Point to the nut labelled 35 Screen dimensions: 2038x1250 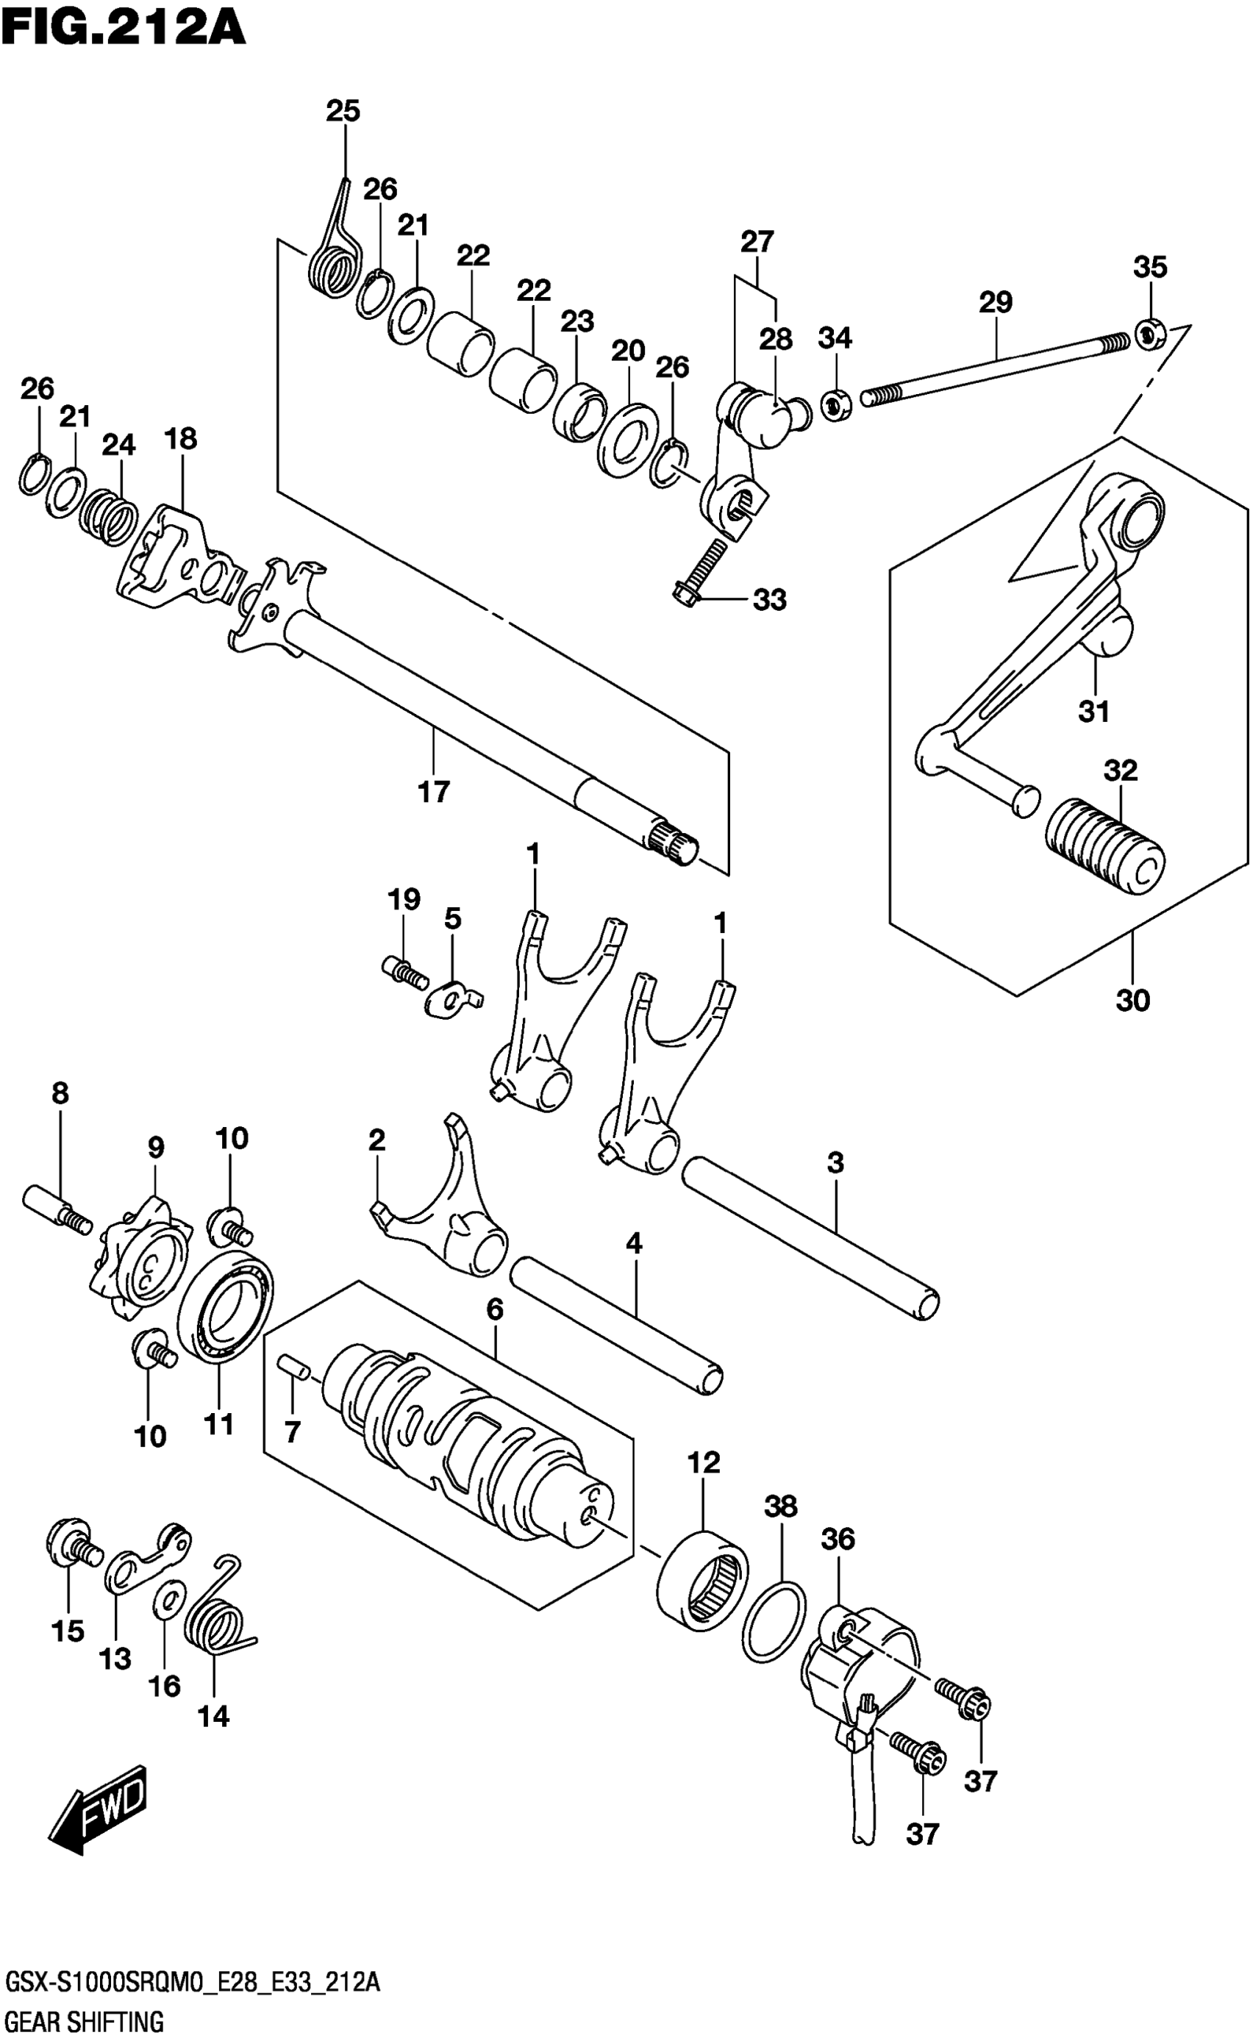coord(1149,332)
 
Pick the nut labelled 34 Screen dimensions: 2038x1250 coord(835,404)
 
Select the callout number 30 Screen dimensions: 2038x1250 coord(1132,1001)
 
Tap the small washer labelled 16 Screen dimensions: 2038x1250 coord(166,1601)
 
